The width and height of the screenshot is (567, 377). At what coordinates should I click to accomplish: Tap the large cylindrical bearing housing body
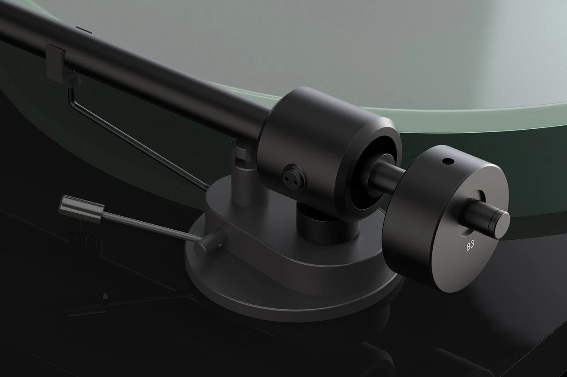click(x=310, y=142)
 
